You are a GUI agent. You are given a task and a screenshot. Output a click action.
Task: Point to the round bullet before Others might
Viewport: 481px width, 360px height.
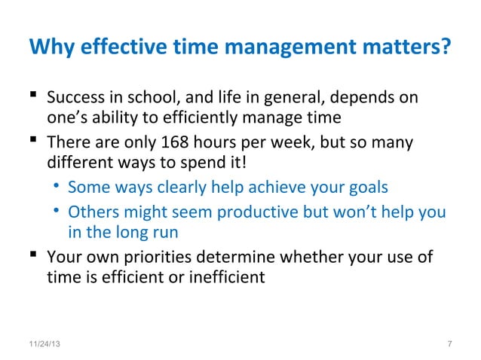[x=57, y=211]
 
